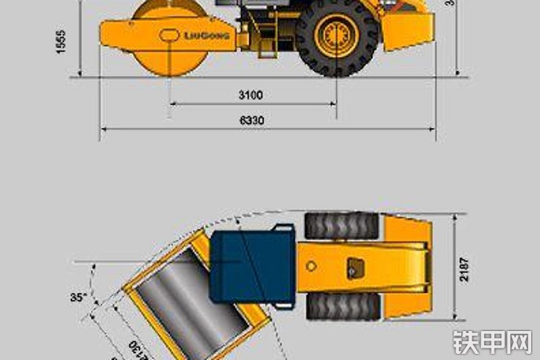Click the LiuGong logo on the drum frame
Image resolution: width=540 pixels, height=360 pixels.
pyautogui.click(x=207, y=35)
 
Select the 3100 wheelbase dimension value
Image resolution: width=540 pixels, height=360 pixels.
pyautogui.click(x=250, y=95)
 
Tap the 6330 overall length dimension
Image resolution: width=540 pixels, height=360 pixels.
pyautogui.click(x=252, y=120)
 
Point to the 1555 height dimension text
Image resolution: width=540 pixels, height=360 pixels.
pyautogui.click(x=61, y=41)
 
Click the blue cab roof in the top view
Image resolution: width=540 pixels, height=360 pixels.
pyautogui.click(x=252, y=266)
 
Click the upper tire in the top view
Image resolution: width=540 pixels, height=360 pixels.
pyautogui.click(x=342, y=226)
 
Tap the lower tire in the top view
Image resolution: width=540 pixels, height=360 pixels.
pyautogui.click(x=342, y=306)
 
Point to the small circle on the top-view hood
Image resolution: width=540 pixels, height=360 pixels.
pyautogui.click(x=310, y=266)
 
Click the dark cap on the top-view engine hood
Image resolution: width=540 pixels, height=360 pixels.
pyautogui.click(x=352, y=266)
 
